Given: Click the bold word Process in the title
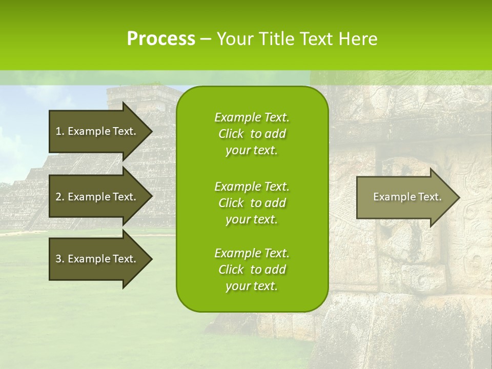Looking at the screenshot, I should point(161,39).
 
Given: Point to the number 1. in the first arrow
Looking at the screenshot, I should point(59,131).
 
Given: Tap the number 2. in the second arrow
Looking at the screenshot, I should point(59,197).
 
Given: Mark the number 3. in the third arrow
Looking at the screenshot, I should point(59,259).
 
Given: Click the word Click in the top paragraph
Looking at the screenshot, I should point(231,134).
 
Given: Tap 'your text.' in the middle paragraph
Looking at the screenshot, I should point(252,219).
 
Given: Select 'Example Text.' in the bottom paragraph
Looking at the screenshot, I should point(252,253).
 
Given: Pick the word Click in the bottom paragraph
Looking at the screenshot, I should point(231,270).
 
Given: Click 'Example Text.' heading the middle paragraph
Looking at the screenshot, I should point(252,186).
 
